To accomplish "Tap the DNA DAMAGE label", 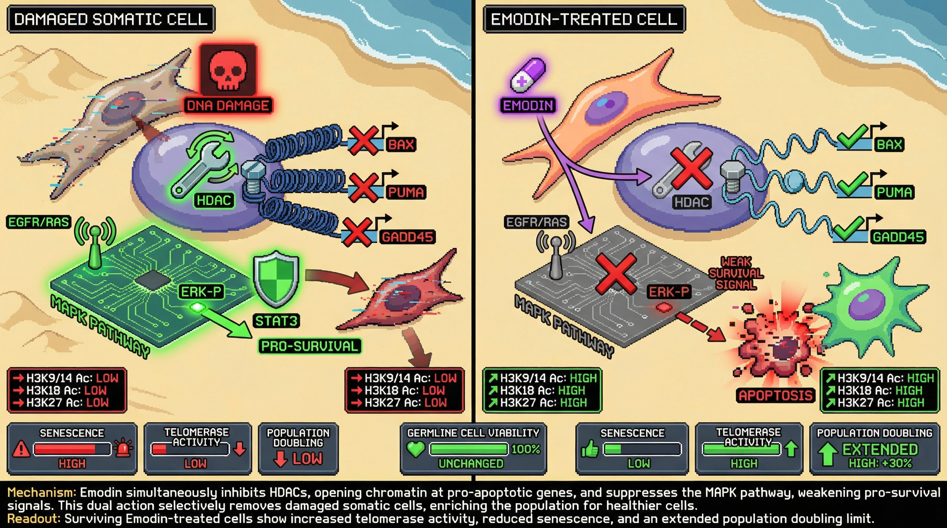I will (228, 106).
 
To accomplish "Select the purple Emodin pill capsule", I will (528, 75).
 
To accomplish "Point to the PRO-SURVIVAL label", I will (310, 346).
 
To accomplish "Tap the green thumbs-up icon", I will (590, 449).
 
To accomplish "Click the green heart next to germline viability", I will (416, 449).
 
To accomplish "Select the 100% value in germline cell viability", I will (526, 449).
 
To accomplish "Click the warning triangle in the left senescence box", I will (21, 449).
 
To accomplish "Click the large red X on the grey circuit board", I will (616, 274).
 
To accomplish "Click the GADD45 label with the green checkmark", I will (898, 237).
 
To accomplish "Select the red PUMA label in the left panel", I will (405, 192).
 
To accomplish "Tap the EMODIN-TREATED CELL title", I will (584, 19).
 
